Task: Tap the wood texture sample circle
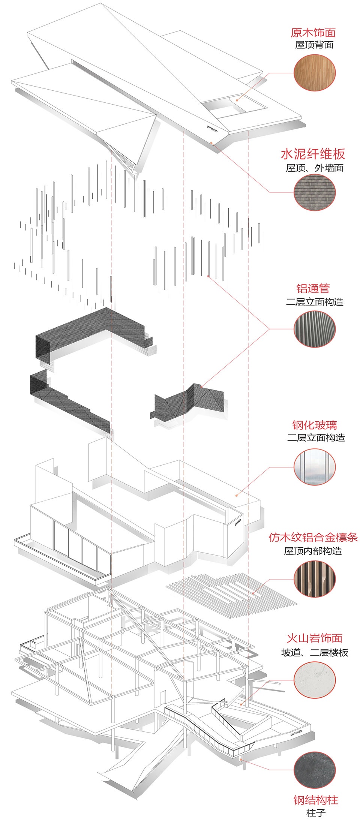click(314, 73)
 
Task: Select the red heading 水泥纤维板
click(313, 154)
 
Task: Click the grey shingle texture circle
click(314, 193)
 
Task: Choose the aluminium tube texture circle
click(314, 329)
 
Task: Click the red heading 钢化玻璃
click(314, 425)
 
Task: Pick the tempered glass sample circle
click(314, 467)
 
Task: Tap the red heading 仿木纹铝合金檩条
click(313, 537)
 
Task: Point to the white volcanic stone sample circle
click(314, 680)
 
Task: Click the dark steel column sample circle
click(314, 770)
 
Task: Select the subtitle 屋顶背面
click(314, 45)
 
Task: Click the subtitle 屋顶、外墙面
click(314, 168)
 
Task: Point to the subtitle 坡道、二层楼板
click(314, 653)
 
